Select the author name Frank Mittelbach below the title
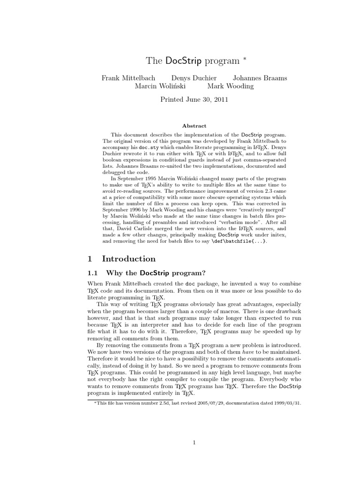click(x=128, y=78)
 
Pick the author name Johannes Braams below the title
click(x=260, y=78)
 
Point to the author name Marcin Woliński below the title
click(x=161, y=86)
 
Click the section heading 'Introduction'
click(x=128, y=259)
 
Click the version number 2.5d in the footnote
click(x=150, y=403)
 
